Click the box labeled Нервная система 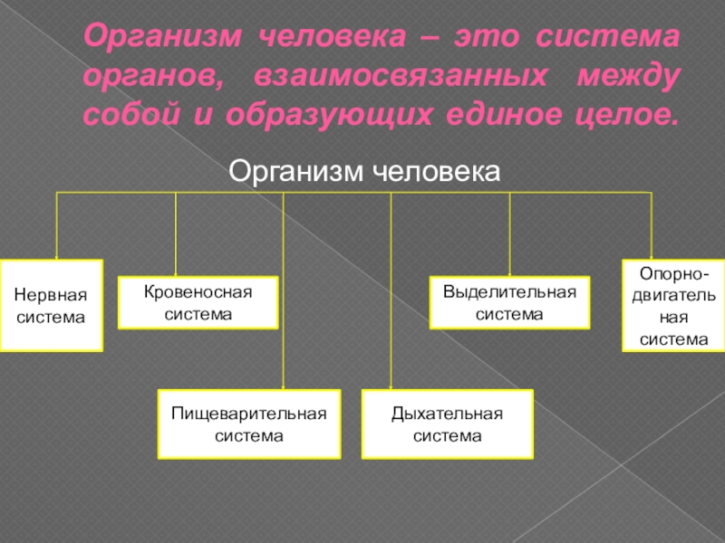52,306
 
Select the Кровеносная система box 198,302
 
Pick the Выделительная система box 509,302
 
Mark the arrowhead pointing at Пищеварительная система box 283,386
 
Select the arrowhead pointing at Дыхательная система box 391,386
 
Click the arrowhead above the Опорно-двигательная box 652,256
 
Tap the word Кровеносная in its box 198,293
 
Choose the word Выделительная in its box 509,293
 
